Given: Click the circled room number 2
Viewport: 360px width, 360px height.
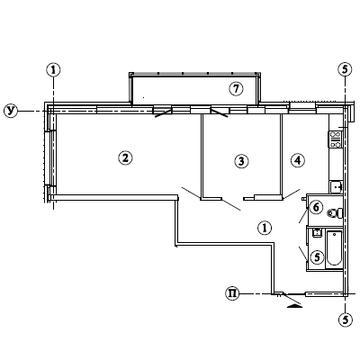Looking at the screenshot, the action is pos(125,157).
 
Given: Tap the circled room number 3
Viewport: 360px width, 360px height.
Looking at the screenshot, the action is pos(241,161).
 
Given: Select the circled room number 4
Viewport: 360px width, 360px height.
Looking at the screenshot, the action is pos(298,160).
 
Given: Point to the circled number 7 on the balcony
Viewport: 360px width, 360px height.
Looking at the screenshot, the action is pos(236,89).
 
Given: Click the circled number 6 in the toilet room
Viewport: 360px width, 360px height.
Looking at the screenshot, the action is pos(316,207).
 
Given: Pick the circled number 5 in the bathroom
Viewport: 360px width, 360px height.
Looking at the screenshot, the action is pos(318,256).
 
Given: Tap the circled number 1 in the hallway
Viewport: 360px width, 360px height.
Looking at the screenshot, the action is pos(265,228).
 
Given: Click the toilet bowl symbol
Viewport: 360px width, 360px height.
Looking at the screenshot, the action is pos(335,213).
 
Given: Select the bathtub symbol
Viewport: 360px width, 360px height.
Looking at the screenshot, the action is pos(334,248).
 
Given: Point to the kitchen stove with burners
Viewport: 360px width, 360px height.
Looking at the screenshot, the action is pos(336,139).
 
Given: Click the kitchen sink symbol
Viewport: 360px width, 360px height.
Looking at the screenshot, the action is pos(336,187).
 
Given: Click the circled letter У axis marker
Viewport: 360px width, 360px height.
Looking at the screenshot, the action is pos(11,111).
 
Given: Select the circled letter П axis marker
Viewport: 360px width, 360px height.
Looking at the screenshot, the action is pos(232,293).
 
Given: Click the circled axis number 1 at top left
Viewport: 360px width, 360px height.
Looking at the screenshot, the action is pos(53,70).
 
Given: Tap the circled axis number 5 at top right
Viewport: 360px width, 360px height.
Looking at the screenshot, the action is pos(345,69).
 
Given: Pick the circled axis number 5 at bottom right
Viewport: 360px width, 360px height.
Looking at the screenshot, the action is pos(345,319).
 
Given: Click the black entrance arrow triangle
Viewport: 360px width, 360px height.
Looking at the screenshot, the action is pos(295,305).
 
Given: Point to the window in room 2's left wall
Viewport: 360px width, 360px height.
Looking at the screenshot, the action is pos(48,158).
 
